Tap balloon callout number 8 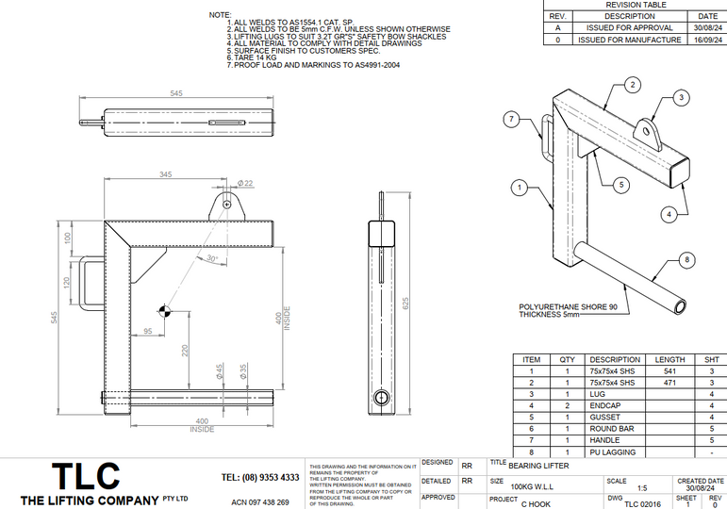[x=686, y=259]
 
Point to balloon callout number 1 [x=519, y=189]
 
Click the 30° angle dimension [x=212, y=257]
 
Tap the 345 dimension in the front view [x=166, y=175]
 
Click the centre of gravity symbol [x=164, y=310]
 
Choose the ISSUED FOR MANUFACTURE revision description [x=630, y=41]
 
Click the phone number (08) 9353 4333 [x=259, y=477]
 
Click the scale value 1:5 [x=641, y=487]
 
